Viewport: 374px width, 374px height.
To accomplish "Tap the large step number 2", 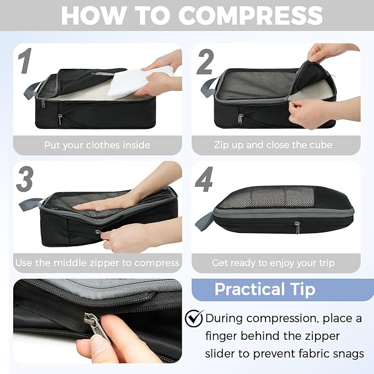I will pos(205,62).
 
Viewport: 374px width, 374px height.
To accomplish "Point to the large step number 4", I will pos(204,181).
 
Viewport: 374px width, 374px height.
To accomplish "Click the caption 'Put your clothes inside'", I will pos(97,145).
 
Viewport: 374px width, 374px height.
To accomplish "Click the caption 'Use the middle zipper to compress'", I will pos(97,263).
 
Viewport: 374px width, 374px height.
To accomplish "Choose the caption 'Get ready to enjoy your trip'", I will pos(273,263).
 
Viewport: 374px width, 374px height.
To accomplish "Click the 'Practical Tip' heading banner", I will pos(264,289).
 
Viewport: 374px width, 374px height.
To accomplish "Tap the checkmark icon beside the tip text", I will pos(194,318).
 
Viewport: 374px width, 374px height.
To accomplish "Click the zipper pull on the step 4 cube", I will pos(297,227).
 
